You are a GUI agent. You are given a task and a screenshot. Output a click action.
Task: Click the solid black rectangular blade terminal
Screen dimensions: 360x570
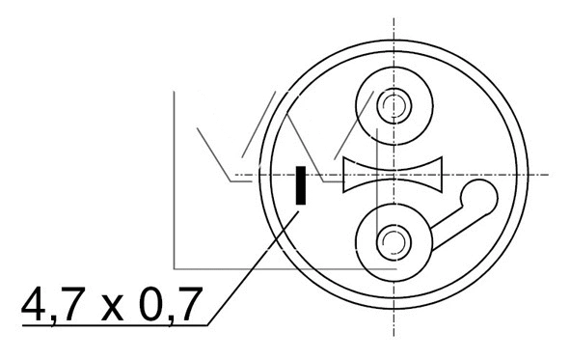[301, 185]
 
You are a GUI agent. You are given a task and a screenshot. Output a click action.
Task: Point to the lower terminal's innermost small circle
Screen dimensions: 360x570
[393, 236]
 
